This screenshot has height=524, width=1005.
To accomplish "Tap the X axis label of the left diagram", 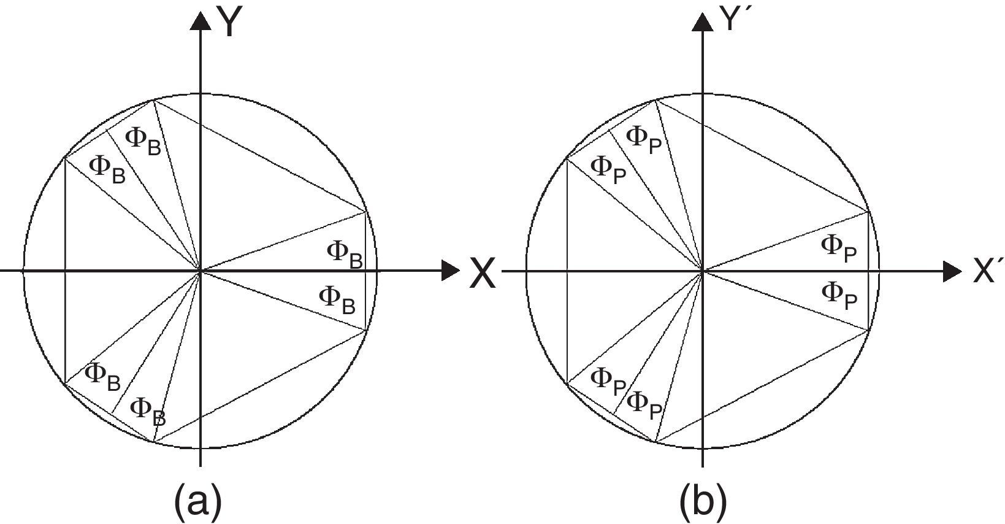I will click(483, 274).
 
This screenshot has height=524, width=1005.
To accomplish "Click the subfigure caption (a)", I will click(198, 499).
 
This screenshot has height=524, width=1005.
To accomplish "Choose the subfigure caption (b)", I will click(703, 499).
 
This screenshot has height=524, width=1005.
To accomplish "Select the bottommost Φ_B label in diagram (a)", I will click(148, 410).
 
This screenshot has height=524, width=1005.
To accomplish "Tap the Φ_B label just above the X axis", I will click(345, 253).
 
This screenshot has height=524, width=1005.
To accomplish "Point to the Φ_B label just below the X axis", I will click(337, 299).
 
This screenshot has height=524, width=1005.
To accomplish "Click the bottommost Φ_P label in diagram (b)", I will click(645, 405).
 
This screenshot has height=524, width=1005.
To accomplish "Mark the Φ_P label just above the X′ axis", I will click(839, 248).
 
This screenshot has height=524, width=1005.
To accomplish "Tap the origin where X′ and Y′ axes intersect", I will click(703, 271).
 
